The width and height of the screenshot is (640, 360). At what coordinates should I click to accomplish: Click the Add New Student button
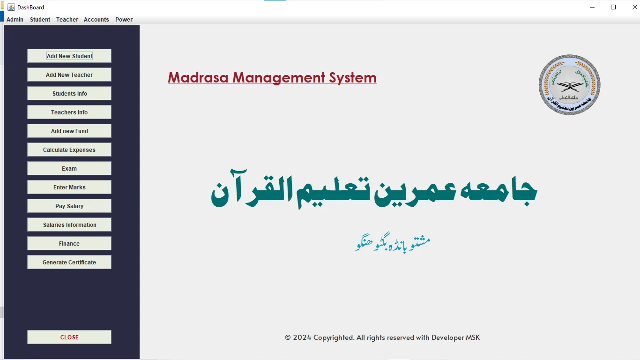click(x=69, y=56)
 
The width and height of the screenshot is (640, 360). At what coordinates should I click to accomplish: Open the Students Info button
click(x=69, y=93)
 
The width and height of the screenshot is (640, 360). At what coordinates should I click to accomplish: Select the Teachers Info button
click(x=69, y=112)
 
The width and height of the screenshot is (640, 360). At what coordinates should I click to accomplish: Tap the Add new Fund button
click(x=69, y=131)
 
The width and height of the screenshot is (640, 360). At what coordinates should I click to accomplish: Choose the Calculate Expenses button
click(x=69, y=150)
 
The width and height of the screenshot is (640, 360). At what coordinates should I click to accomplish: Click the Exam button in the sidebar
click(x=69, y=168)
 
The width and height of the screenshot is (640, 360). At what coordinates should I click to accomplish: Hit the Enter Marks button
click(x=69, y=187)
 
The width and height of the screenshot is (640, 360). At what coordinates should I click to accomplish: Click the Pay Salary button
click(x=69, y=206)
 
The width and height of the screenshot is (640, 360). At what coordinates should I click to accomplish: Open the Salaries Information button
click(x=69, y=225)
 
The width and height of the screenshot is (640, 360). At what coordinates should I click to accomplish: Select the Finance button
click(x=69, y=243)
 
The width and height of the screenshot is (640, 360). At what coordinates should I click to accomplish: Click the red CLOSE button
click(x=69, y=337)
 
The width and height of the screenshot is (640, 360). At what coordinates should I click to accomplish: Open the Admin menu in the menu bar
click(x=15, y=20)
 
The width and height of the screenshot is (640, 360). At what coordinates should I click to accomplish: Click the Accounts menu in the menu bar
click(x=96, y=20)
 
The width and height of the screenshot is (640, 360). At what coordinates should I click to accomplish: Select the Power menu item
click(x=124, y=20)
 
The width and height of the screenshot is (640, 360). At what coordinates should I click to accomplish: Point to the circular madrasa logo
click(x=569, y=85)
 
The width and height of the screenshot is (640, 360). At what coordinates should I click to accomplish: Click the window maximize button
click(x=613, y=7)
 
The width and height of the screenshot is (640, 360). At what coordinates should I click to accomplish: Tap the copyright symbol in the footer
click(x=288, y=337)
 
